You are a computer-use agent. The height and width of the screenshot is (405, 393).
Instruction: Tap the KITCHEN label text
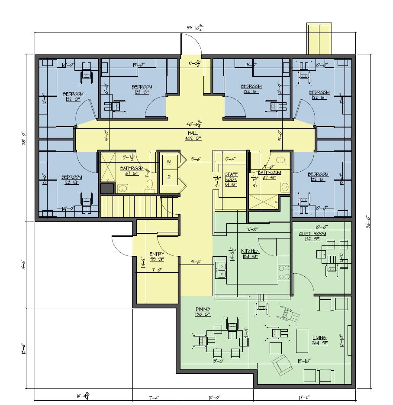click(x=250, y=251)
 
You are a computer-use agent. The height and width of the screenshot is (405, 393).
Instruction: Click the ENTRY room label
click(x=156, y=254)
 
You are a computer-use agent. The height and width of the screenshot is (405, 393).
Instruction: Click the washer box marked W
click(x=168, y=162)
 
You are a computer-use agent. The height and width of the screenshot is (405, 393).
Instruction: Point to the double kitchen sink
click(x=221, y=269)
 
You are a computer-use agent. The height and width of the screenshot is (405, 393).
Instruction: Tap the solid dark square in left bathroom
click(x=106, y=188)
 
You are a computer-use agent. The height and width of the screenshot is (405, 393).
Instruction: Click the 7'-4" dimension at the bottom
click(x=154, y=396)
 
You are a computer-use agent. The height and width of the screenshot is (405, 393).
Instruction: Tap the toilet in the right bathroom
click(x=281, y=160)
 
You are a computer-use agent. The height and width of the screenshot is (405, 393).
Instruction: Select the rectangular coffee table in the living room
click(x=302, y=340)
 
